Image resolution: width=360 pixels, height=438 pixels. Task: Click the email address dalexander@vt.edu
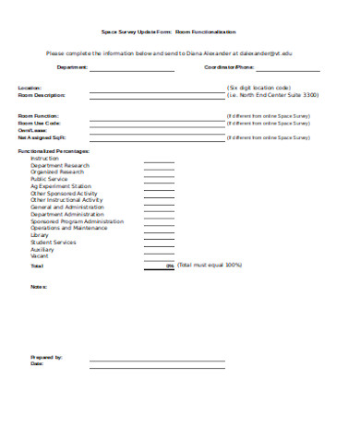pos(280,54)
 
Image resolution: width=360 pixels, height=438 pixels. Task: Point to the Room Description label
pos(42,95)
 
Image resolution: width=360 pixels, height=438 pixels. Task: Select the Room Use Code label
pos(40,123)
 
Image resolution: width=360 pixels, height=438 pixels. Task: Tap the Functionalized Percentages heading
pos(54,150)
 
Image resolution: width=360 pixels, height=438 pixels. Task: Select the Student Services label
pos(54,242)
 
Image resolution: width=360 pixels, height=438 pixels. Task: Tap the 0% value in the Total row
pos(169,266)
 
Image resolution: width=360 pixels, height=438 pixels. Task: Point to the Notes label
pos(38,287)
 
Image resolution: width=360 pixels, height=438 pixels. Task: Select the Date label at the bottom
pos(37,363)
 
